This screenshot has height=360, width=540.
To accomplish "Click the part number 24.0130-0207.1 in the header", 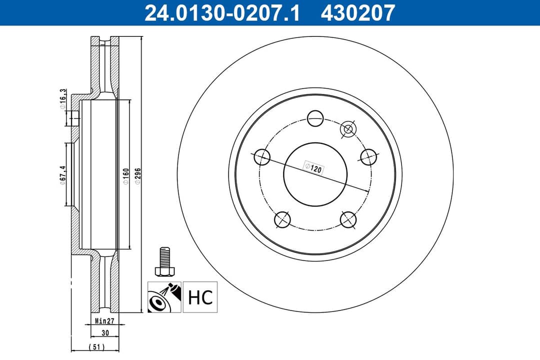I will (x=222, y=12).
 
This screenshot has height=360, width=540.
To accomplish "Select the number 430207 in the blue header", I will (x=358, y=12).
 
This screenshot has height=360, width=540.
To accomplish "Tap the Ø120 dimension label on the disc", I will (x=313, y=168).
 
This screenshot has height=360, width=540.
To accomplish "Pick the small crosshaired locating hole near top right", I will (x=347, y=129).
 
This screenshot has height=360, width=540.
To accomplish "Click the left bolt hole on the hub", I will (x=262, y=157).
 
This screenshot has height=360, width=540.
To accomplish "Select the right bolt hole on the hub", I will (x=368, y=157).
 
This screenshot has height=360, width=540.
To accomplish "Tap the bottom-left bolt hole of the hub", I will (x=282, y=219).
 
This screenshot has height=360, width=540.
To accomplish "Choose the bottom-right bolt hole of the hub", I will (x=348, y=219).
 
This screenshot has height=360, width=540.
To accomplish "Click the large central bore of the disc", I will (x=315, y=174).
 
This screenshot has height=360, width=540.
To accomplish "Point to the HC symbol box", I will (x=200, y=296).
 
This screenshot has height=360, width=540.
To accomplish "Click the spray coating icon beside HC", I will (x=164, y=296).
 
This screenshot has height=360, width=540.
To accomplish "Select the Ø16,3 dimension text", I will (x=63, y=99).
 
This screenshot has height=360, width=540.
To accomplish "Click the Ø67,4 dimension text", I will (x=63, y=174).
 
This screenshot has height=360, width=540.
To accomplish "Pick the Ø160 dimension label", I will (x=125, y=176).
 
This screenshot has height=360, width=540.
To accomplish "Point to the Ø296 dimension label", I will (x=137, y=176).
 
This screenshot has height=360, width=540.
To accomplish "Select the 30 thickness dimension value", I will (x=104, y=333).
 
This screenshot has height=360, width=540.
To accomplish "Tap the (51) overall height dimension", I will (x=96, y=347).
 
